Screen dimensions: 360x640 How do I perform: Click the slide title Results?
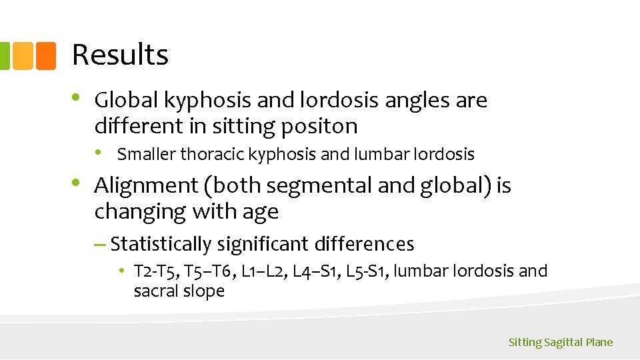coord(120,55)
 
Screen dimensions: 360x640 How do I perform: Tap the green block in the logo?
coord(4,56)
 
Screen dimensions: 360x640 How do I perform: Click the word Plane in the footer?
coord(599,343)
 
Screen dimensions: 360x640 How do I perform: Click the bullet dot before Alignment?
coord(77,183)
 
